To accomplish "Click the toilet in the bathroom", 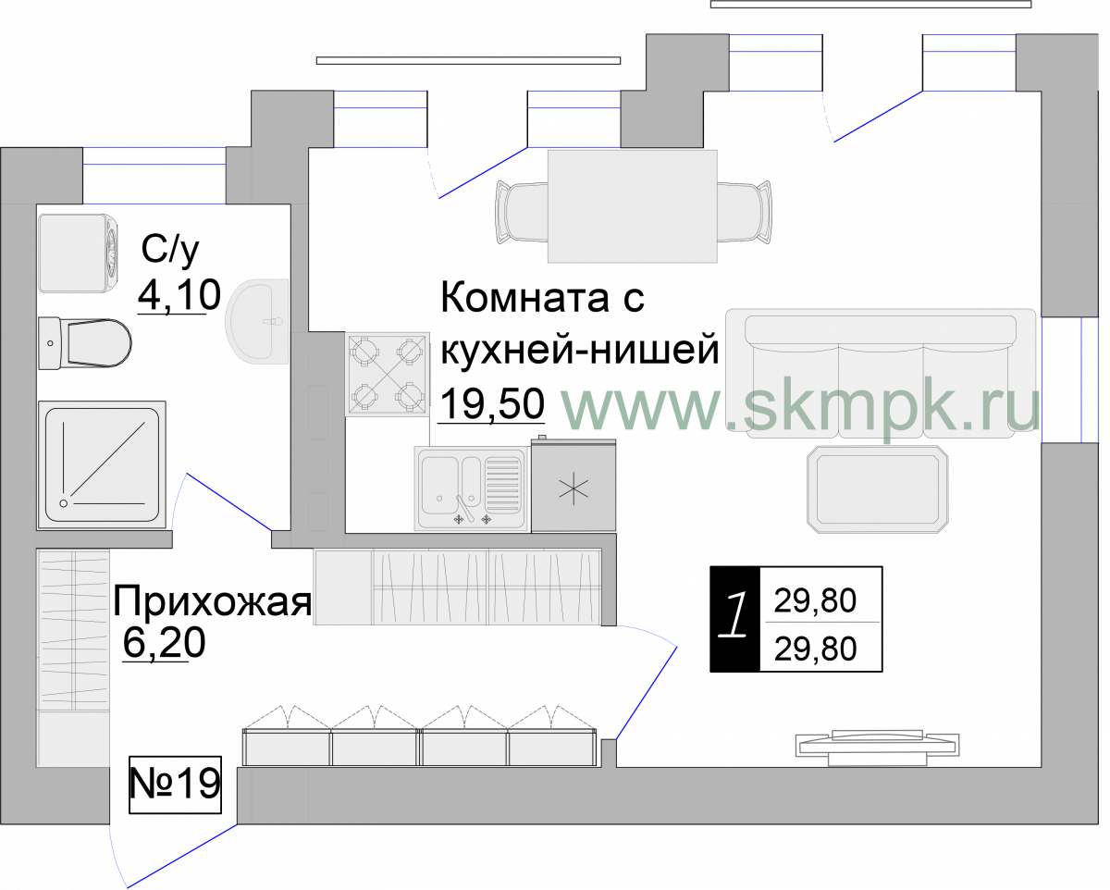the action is [x=85, y=342].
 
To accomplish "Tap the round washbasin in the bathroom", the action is [x=256, y=321].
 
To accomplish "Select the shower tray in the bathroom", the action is [x=102, y=464].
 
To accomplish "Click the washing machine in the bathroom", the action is [x=80, y=253].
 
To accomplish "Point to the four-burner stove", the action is [x=388, y=374].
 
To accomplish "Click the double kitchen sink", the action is [x=472, y=488].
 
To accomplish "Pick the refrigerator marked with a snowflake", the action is [x=573, y=484].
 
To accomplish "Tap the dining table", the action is [x=633, y=206].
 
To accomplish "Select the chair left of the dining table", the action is [x=522, y=212].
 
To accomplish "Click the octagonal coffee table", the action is [x=878, y=489].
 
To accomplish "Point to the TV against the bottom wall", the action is [x=878, y=748].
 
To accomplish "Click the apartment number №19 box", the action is [x=175, y=785].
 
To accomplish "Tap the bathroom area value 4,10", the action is [x=179, y=296].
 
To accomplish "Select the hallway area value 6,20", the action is [x=164, y=643].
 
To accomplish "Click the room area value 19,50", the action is [x=493, y=404].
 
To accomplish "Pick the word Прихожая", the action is [x=212, y=601].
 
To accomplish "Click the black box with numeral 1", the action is [x=735, y=619].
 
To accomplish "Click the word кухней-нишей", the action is [x=580, y=351].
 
